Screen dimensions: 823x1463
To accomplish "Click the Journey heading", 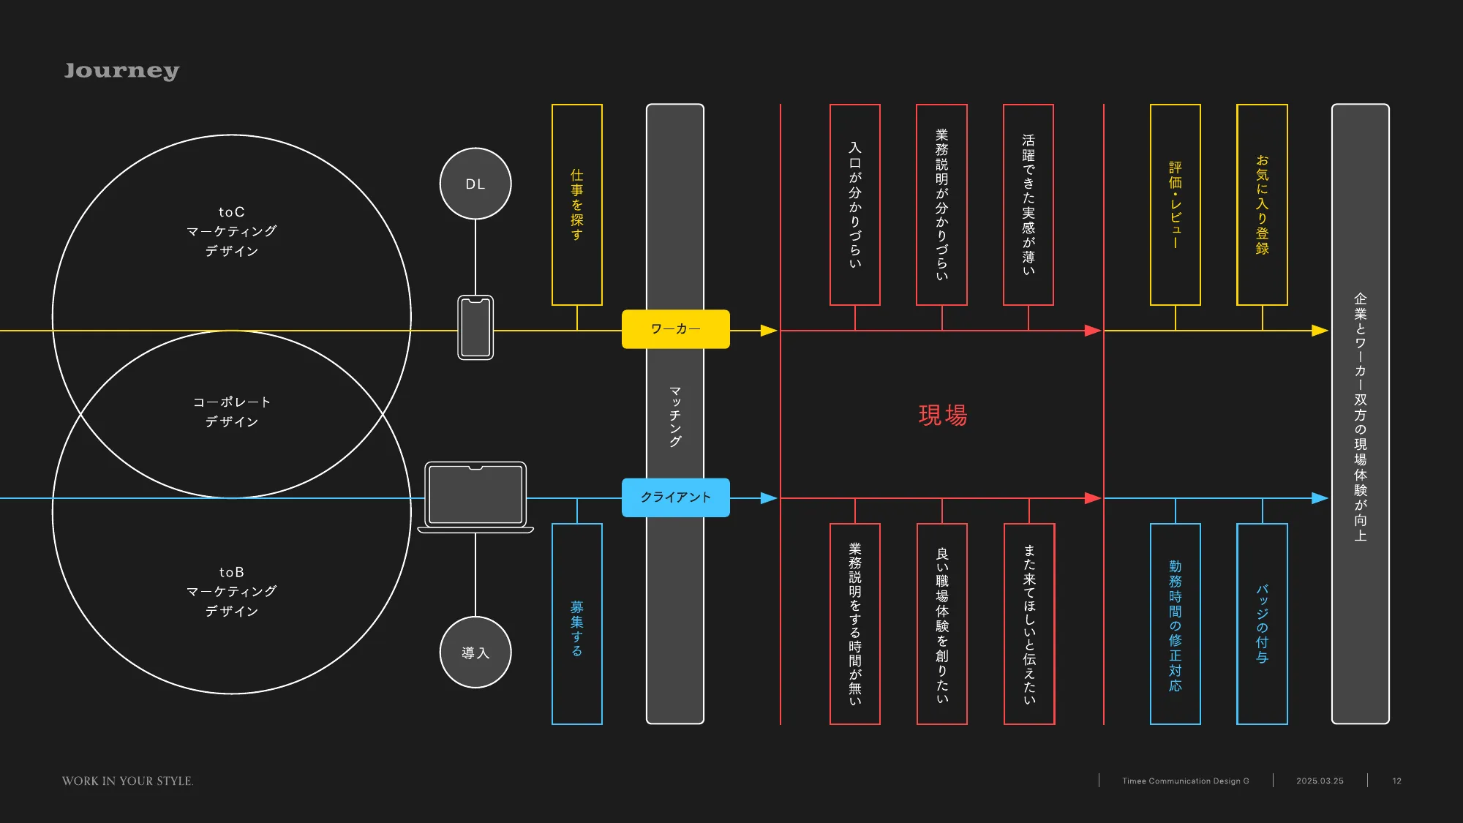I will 121,70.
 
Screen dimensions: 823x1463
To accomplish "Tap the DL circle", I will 475,184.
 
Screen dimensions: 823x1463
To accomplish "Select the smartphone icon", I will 475,327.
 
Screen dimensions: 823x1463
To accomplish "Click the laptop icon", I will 475,496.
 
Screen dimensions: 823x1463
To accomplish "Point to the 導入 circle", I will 475,652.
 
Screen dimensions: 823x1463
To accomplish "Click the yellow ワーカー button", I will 675,329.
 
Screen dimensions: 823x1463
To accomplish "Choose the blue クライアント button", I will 675,497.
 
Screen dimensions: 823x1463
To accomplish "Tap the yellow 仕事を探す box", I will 577,205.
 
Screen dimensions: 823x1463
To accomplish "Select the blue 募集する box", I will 577,624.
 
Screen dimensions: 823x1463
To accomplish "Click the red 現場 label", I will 942,416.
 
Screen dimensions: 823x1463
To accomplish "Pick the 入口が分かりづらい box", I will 855,205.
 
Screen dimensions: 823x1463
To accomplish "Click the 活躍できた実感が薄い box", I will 1028,205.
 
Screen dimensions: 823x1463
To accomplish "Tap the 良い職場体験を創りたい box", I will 942,624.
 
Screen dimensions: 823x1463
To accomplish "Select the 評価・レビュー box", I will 1176,205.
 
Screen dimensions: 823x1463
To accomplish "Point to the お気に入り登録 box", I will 1262,205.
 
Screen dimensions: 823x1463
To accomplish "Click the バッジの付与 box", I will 1262,624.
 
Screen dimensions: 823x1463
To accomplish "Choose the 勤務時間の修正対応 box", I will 1176,624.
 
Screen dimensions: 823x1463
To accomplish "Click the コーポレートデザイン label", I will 231,412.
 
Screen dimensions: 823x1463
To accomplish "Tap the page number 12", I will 1396,781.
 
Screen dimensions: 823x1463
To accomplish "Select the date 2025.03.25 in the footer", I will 1320,781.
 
